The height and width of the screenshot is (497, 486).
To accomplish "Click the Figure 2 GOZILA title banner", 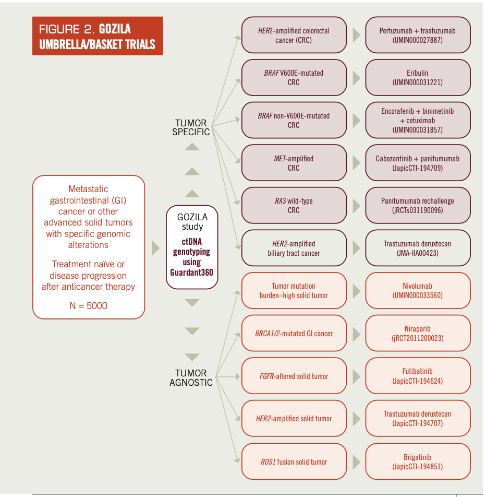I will (98, 36).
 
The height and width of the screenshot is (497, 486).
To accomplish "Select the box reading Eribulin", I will (417, 78).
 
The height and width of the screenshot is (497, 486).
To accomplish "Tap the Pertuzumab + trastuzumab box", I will (417, 35).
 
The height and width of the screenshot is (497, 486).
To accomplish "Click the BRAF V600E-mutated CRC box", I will (294, 78).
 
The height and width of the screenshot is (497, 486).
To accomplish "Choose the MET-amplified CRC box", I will (294, 163).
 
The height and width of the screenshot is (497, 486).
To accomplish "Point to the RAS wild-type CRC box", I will (294, 206).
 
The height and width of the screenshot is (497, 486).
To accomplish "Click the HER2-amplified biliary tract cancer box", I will (294, 248).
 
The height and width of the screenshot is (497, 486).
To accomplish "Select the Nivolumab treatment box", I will (417, 291).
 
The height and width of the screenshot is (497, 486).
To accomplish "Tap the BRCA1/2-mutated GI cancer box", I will (294, 334).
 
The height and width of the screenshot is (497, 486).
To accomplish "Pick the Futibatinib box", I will (417, 376).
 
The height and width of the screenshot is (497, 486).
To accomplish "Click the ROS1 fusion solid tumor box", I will (294, 462).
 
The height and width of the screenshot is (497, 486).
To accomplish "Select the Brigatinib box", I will (417, 462).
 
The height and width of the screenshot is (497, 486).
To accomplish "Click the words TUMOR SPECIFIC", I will (191, 127).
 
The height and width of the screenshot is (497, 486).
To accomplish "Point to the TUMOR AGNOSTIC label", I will (191, 378).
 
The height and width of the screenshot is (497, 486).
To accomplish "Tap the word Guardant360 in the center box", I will (192, 272).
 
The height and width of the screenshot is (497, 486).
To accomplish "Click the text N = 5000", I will (89, 306).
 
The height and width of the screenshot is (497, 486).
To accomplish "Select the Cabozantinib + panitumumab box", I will (417, 163).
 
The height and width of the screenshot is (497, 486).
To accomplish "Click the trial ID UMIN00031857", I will (417, 129).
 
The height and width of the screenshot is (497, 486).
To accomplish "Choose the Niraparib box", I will (417, 334).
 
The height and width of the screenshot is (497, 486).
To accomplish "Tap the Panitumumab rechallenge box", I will (417, 206).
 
